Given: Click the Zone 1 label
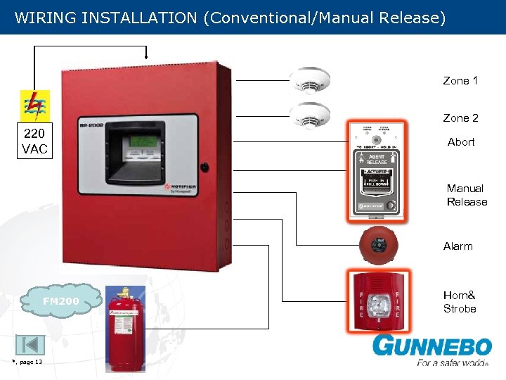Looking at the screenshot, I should tap(460, 81).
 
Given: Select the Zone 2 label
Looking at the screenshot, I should tap(460, 118).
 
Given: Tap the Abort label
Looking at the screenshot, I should tap(461, 142).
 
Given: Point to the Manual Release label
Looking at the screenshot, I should tap(466, 195).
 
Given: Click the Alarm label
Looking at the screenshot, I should tap(458, 246).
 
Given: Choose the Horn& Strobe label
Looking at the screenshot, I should tap(460, 302).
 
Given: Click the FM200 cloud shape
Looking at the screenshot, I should tap(61, 301).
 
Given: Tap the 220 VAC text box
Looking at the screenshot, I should tap(34, 141).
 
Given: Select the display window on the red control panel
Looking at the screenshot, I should tap(140, 146).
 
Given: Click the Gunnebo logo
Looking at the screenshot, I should tap(432, 349).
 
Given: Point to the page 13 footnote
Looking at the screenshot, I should tap(28, 362).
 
